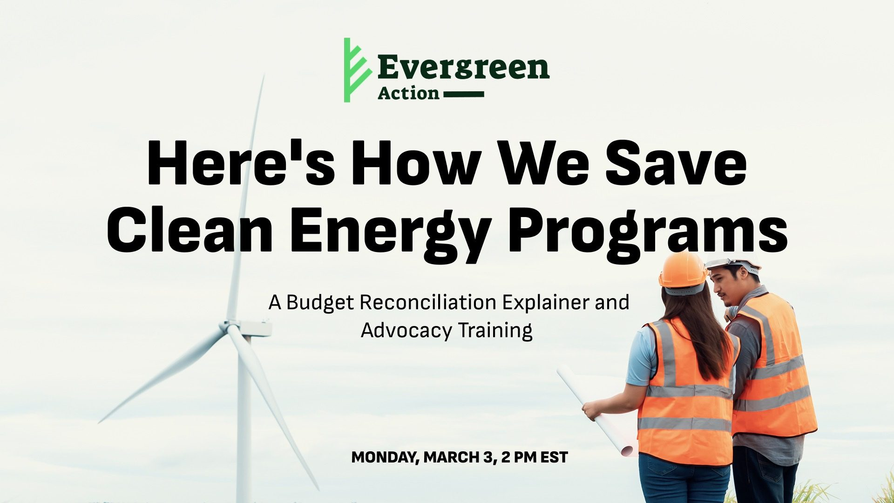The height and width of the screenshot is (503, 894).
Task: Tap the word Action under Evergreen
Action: pos(408,93)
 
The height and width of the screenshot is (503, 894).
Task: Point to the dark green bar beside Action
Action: pos(464,94)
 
